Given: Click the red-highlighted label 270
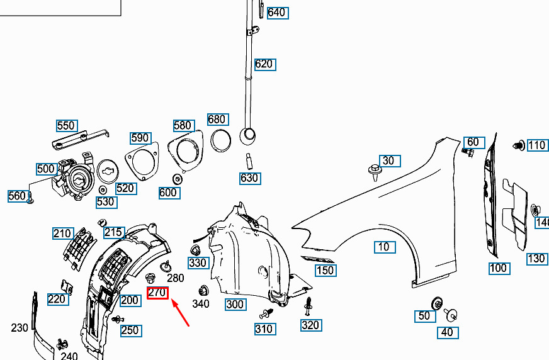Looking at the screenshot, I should pyautogui.click(x=157, y=293).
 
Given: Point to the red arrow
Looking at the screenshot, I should pyautogui.click(x=181, y=313).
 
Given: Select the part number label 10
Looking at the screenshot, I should pyautogui.click(x=384, y=247).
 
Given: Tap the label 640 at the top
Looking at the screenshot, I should pyautogui.click(x=276, y=13).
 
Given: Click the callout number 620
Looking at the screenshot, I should pyautogui.click(x=264, y=64).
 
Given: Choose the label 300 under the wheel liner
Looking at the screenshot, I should pyautogui.click(x=235, y=305).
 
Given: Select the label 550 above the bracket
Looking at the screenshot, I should pyautogui.click(x=66, y=126).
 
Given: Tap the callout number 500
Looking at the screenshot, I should pyautogui.click(x=46, y=169).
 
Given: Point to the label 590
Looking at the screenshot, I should pyautogui.click(x=140, y=138).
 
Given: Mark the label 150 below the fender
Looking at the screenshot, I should pyautogui.click(x=325, y=271).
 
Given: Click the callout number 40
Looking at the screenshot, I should pyautogui.click(x=447, y=332).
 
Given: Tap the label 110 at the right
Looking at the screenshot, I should pyautogui.click(x=536, y=145).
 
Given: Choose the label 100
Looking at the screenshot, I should pyautogui.click(x=498, y=268).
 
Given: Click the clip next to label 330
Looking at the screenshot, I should pyautogui.click(x=195, y=251).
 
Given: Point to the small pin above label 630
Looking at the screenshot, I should pyautogui.click(x=249, y=157).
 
